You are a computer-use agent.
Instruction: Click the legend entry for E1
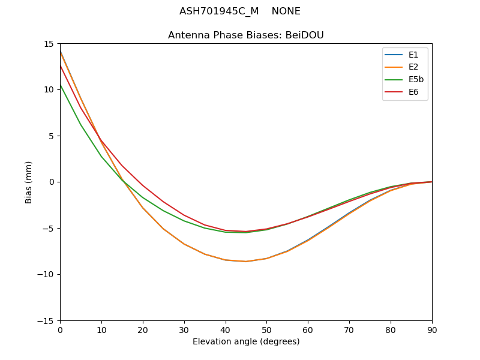(413, 55)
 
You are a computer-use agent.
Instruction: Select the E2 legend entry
(413, 67)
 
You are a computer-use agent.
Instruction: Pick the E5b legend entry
(416, 80)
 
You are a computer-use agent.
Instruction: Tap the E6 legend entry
(413, 92)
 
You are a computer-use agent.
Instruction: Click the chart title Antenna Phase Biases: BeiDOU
(246, 35)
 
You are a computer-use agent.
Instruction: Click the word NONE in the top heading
(286, 11)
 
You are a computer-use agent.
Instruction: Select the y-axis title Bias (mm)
(29, 182)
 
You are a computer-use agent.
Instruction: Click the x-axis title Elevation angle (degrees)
(246, 342)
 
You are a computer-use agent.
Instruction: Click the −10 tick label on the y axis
(48, 275)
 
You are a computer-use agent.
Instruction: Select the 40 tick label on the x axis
(226, 330)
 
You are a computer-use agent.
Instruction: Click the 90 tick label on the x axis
(431, 330)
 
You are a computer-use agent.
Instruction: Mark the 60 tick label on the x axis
(308, 330)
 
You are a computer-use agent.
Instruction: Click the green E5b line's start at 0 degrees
(61, 85)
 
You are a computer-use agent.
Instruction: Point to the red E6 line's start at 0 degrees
(61, 65)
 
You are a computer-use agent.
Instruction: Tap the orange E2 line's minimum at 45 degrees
(246, 262)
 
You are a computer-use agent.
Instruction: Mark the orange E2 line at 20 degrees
(143, 208)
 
